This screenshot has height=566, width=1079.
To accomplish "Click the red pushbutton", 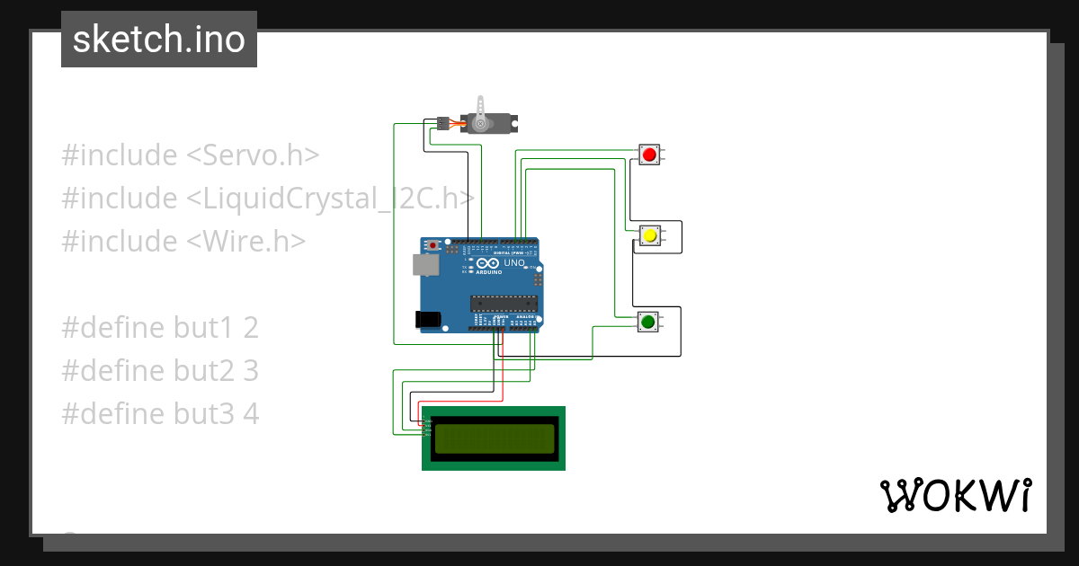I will coord(649,155).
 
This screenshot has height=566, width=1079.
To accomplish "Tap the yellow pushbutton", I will coord(649,235).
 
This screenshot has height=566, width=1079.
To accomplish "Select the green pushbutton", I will coord(647,321).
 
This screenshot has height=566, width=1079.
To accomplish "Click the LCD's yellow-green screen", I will coord(494,438).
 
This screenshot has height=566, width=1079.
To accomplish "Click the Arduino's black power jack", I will coord(428,319).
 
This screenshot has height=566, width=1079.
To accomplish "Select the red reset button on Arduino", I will coord(434,244).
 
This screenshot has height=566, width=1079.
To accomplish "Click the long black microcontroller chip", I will coord(504,305).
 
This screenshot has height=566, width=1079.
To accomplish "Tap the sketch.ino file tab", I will coord(159,40).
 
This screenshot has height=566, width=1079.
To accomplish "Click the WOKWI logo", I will coord(954,495).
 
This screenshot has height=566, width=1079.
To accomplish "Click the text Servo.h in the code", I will coord(253,155).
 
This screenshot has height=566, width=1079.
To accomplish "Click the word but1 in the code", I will coord(196,328).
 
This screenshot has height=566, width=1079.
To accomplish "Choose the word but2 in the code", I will coord(196,371).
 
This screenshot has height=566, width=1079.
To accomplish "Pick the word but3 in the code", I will coord(196,414).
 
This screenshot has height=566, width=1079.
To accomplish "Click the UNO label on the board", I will coord(513,264).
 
